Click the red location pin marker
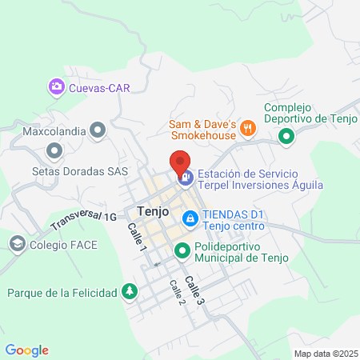180,162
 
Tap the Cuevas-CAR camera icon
57,87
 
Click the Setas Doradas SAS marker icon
55,150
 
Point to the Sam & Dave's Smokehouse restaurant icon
249,126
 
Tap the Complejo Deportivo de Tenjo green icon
286,138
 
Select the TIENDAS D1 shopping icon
190,218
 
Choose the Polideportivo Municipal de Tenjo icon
182,251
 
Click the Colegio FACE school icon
17,242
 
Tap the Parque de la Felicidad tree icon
130,292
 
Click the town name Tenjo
152,212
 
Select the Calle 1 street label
138,237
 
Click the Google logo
27,350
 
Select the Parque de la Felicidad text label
62,292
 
